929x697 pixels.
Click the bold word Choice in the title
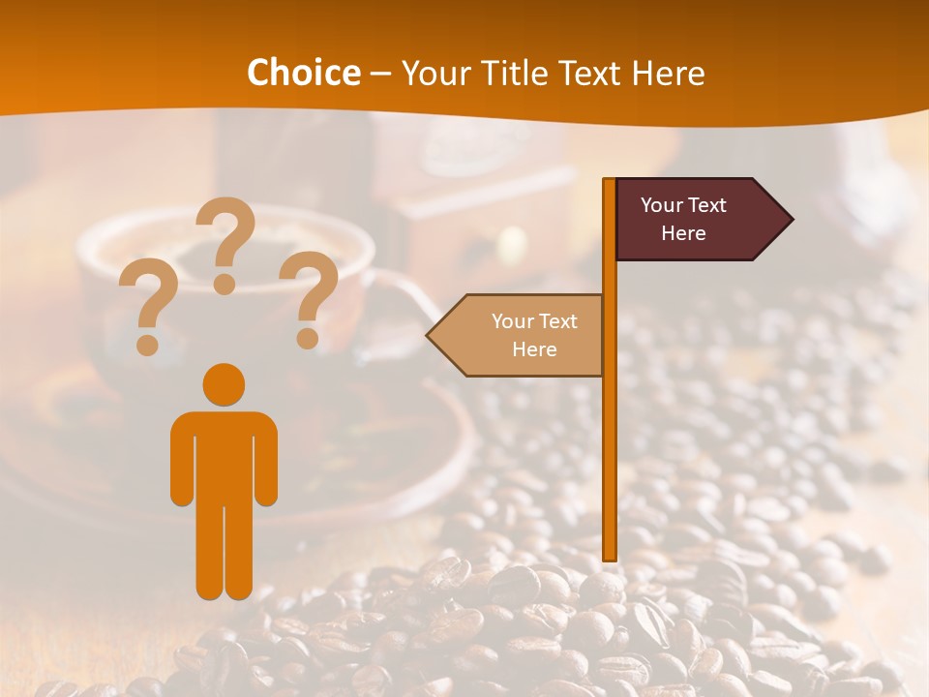pos(303,74)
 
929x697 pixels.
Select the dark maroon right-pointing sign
pos(692,219)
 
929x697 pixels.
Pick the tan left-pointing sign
pos(523,335)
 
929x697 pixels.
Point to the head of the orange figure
pos(224,383)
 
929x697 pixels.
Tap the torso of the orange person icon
pos(224,455)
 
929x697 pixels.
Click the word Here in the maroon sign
pos(683,233)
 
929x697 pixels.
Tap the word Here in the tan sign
pos(534,349)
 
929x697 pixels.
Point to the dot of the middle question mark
pos(225,284)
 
